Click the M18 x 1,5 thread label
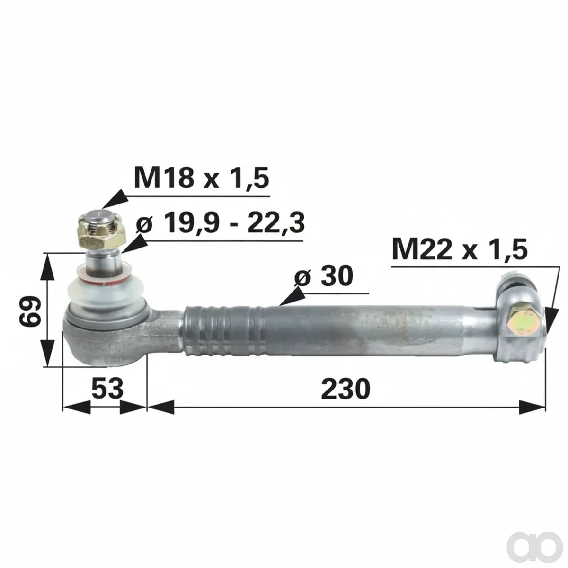(x=201, y=177)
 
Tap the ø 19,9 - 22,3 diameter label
(x=220, y=223)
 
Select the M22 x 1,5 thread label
(x=460, y=249)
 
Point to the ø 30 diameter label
(x=324, y=276)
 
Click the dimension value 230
(x=346, y=389)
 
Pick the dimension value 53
(x=107, y=389)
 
